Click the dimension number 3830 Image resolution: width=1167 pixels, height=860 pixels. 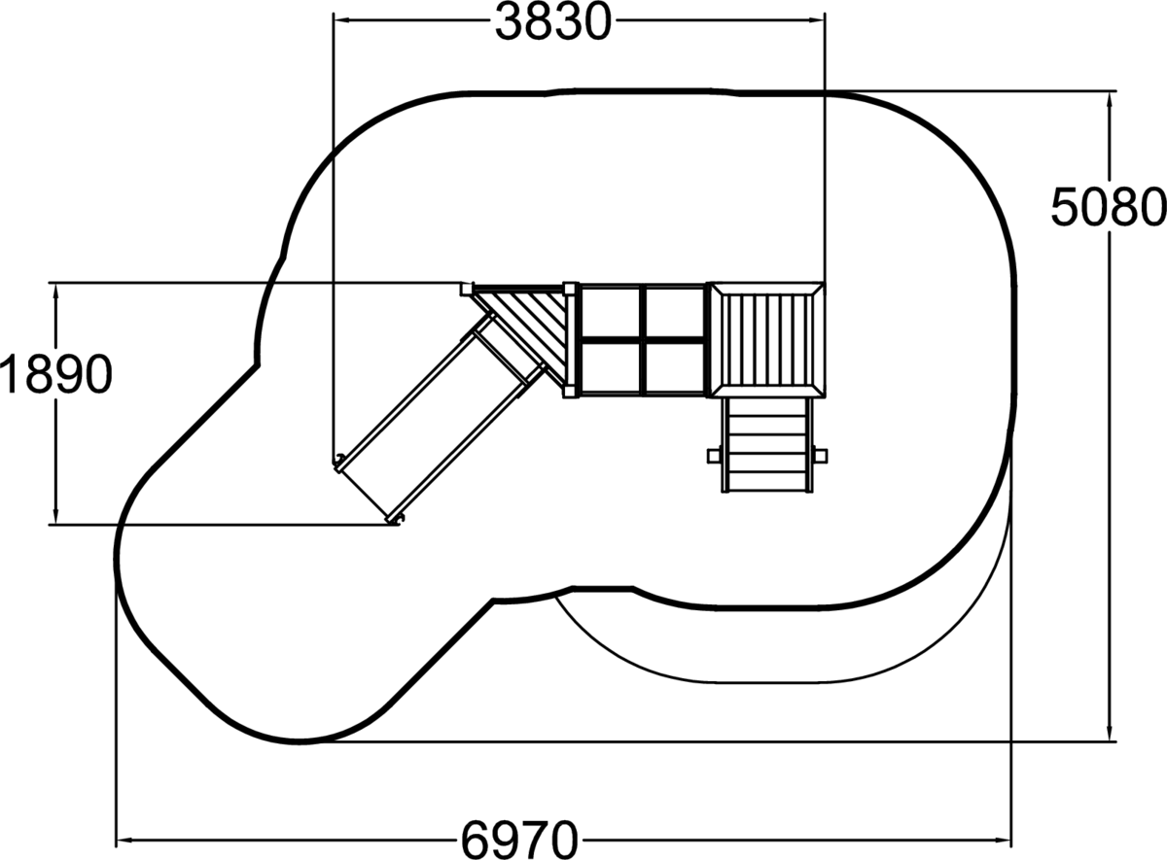(x=552, y=21)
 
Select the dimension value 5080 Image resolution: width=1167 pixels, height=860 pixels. (x=1108, y=207)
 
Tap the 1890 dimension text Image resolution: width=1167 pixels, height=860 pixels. (x=56, y=374)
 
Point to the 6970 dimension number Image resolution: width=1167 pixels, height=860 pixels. (x=519, y=841)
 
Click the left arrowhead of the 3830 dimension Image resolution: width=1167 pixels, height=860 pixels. (x=341, y=20)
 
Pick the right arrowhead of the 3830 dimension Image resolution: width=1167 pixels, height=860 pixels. (x=816, y=20)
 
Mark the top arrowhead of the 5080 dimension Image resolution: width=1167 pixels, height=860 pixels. (x=1110, y=100)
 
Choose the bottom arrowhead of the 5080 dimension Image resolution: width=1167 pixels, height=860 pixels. (x=1110, y=733)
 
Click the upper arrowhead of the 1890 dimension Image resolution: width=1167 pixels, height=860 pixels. (x=55, y=292)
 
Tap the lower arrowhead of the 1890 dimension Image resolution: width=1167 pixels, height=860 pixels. (x=55, y=516)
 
